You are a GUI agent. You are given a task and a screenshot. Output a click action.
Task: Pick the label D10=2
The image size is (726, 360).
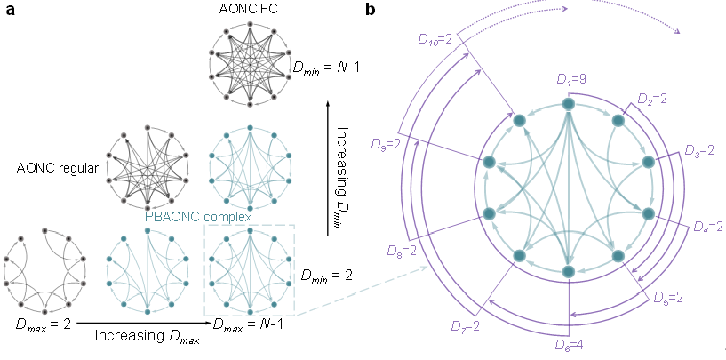coord(438,38)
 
